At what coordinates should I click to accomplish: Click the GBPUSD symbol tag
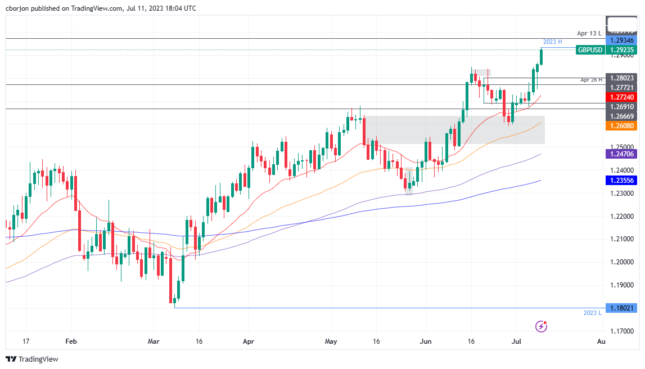tap(590, 50)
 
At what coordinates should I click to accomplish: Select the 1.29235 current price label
tap(623, 50)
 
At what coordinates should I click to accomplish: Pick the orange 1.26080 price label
tap(623, 126)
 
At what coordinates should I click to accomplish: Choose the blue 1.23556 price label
tap(623, 181)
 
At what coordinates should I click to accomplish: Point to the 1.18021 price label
tap(623, 308)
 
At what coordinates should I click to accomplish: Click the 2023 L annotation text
tap(593, 313)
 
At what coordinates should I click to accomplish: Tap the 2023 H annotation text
tap(552, 42)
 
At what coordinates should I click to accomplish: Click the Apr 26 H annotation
tap(592, 80)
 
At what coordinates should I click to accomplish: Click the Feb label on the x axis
tap(70, 341)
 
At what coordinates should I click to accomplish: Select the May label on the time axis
tap(331, 341)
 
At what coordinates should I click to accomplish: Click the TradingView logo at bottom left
tap(32, 359)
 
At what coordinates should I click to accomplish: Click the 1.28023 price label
tap(623, 78)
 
